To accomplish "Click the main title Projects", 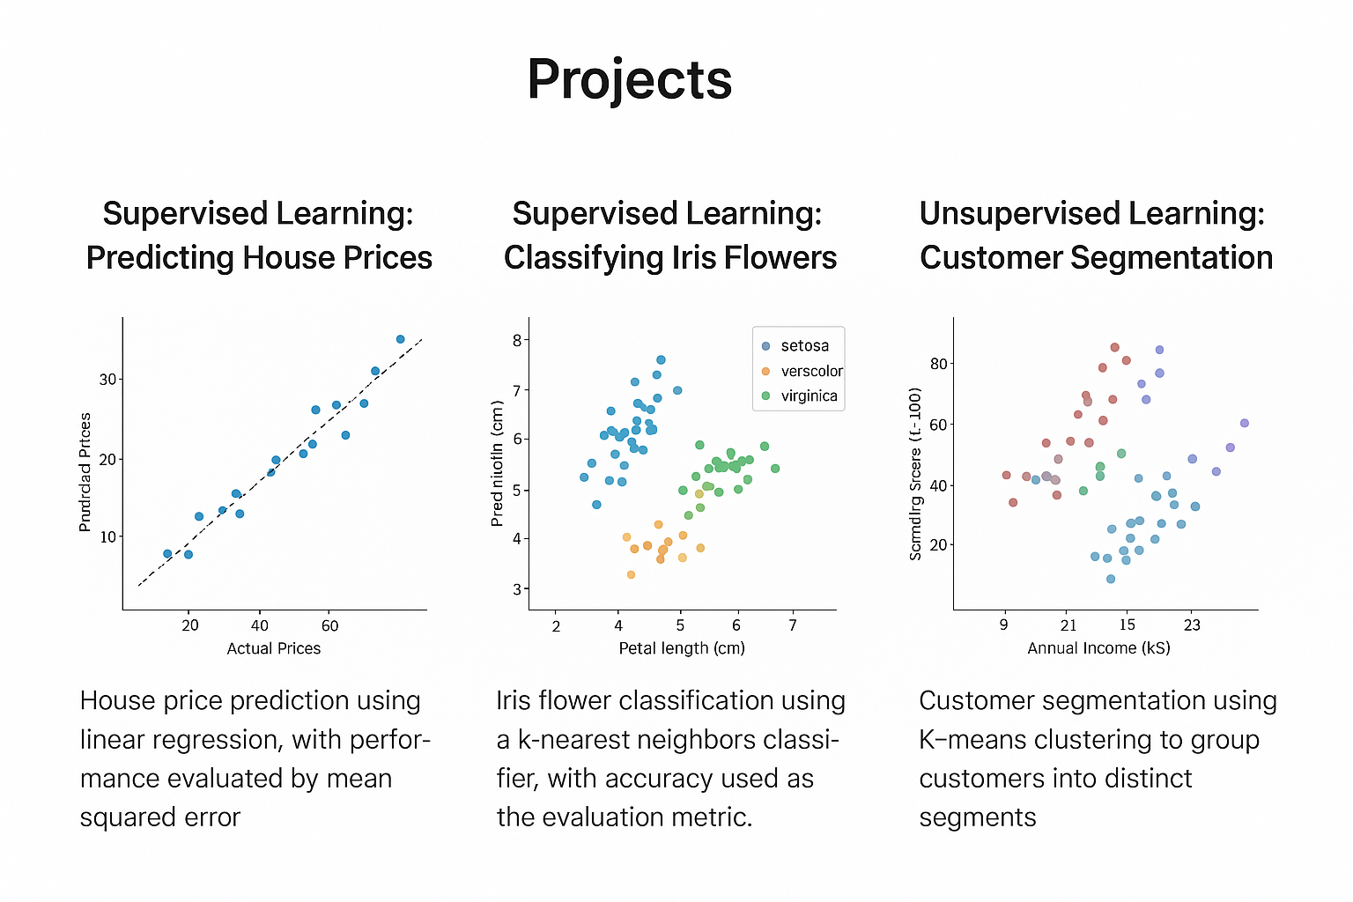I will click(x=629, y=79).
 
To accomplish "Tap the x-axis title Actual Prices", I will click(x=274, y=648).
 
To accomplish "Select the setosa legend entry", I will click(x=803, y=346).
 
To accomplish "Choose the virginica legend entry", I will click(x=808, y=396).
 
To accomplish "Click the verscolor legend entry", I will click(x=810, y=371).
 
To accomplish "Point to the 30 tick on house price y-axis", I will click(x=107, y=380).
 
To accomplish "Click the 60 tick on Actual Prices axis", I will click(x=329, y=626).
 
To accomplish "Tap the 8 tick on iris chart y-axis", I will click(x=517, y=340).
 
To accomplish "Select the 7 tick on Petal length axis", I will click(x=793, y=626).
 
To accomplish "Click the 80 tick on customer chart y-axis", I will click(x=939, y=364).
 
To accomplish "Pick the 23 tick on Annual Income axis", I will click(x=1192, y=625).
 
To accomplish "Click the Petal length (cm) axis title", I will click(x=682, y=648).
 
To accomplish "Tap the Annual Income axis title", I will click(x=1098, y=648).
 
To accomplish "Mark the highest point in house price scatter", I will click(x=400, y=339).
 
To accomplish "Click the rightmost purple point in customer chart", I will click(x=1245, y=423).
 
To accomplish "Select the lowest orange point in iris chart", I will click(x=631, y=574).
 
